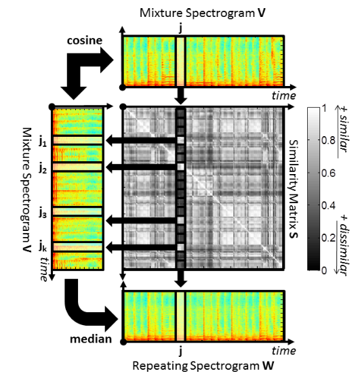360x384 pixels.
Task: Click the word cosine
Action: (85, 41)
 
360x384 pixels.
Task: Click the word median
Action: (91, 339)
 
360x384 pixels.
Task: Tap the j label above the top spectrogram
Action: (180, 28)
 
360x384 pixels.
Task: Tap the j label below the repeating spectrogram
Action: (181, 351)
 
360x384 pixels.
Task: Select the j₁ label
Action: (43, 142)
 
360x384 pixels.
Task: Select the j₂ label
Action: (43, 169)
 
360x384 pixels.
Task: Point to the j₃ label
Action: (43, 214)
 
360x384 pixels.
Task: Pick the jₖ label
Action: (43, 247)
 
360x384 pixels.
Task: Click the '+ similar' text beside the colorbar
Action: (343, 130)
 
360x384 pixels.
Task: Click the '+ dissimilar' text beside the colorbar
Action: (343, 245)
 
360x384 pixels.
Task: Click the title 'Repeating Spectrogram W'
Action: (203, 366)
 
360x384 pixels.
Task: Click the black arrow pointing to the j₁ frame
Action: (142, 140)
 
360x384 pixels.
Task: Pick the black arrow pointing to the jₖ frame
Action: (142, 247)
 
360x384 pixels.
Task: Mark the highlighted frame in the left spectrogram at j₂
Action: (77, 167)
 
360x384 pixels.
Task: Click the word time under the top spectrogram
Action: (284, 95)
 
